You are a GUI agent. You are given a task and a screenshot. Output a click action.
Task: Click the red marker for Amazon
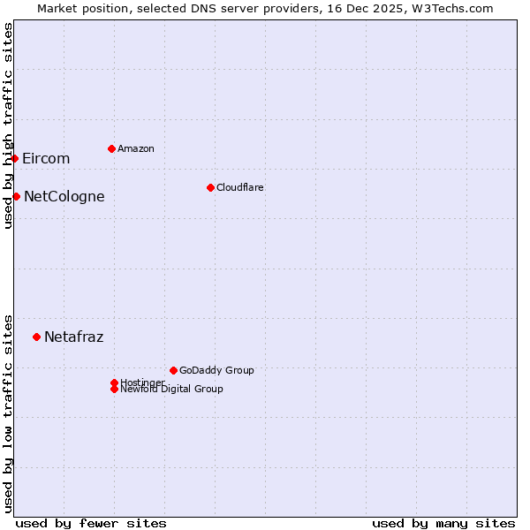coord(111,148)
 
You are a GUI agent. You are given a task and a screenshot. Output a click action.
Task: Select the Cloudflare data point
coord(210,187)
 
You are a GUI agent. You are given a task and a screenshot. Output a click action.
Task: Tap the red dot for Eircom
coord(15,158)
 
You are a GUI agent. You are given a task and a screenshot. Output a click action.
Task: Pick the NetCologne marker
coord(16,196)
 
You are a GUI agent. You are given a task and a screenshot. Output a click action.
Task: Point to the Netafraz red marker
coord(36,337)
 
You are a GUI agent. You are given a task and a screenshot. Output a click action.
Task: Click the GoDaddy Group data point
coord(173,370)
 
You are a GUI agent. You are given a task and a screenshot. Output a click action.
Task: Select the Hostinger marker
coord(114,382)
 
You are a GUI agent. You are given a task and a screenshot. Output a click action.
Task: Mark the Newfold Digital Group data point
coord(114,390)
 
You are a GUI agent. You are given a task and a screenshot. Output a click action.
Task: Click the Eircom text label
coord(46,159)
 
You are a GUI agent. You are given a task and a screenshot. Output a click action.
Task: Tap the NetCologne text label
coord(64,197)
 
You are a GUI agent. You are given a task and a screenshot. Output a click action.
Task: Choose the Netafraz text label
coord(73,337)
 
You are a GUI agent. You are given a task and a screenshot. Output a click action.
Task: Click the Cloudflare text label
coord(240,187)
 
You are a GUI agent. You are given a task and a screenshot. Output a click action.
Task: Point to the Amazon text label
coord(136,148)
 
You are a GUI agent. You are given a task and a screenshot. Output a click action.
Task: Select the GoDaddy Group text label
coord(216,370)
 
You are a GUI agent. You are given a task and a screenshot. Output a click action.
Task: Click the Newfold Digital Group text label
coord(172,390)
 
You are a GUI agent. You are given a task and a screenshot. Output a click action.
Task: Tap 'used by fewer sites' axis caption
coord(91,523)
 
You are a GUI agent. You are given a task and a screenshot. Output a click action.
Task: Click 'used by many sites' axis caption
coord(443,523)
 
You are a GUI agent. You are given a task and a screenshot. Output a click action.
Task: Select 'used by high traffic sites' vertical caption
coord(8,125)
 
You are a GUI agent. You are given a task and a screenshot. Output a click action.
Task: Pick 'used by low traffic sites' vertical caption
coord(8,413)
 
